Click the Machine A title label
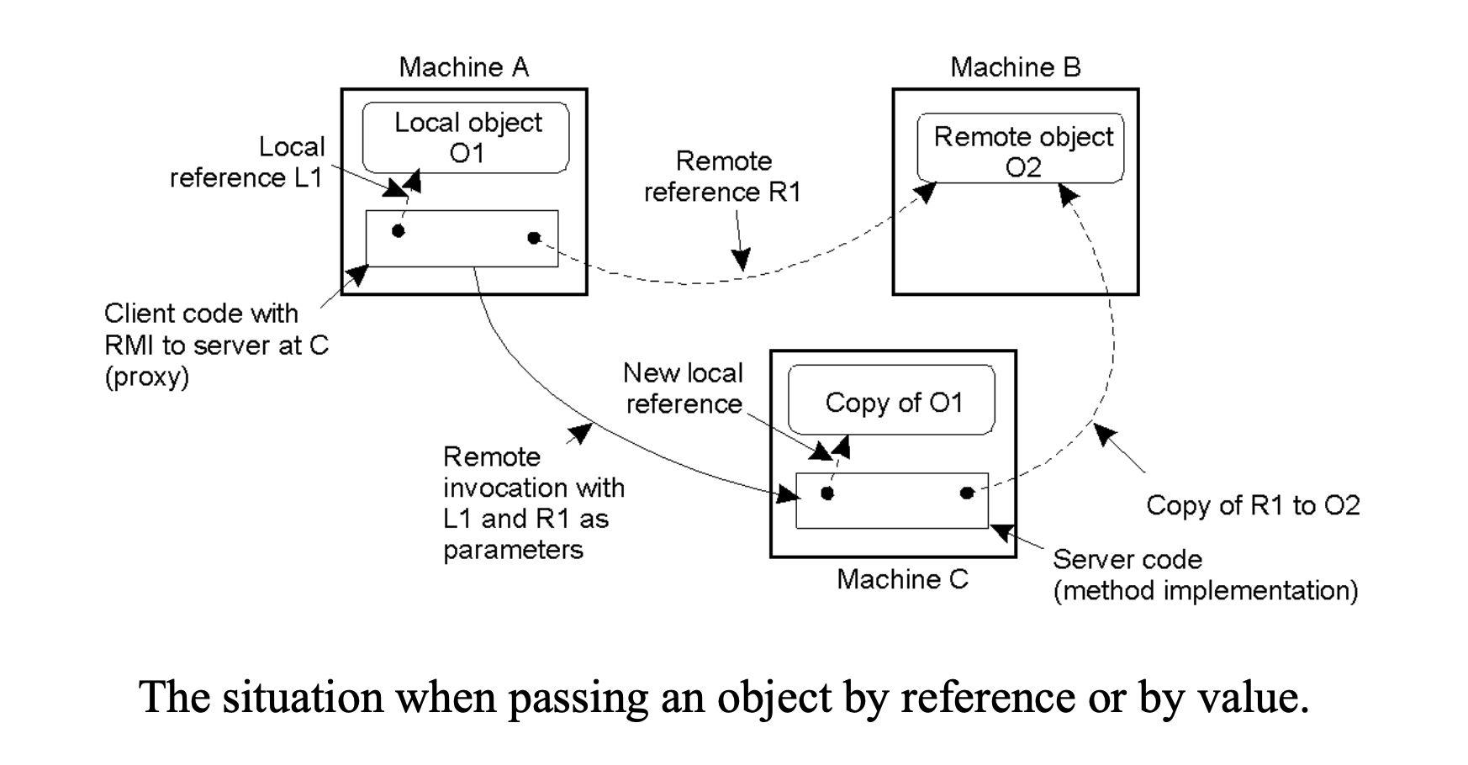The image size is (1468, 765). tap(463, 67)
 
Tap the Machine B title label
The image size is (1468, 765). tap(1015, 67)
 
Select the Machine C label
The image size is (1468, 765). tap(902, 579)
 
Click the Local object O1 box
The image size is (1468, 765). tap(467, 138)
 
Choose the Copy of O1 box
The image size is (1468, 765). tap(892, 402)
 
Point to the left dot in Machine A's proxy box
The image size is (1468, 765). tap(399, 230)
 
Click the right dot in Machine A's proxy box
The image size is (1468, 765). tap(534, 238)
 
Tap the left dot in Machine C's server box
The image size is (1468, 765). tap(827, 493)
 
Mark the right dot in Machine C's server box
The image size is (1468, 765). tap(967, 493)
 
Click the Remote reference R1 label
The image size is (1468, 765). tap(723, 177)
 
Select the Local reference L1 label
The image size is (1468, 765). tap(247, 162)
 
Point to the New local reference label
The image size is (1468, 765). tap(684, 388)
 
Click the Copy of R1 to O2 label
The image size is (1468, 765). tap(1253, 505)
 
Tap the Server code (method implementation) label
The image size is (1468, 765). tap(1205, 575)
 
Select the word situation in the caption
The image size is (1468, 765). tap(303, 699)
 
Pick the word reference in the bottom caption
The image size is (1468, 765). tap(987, 699)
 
